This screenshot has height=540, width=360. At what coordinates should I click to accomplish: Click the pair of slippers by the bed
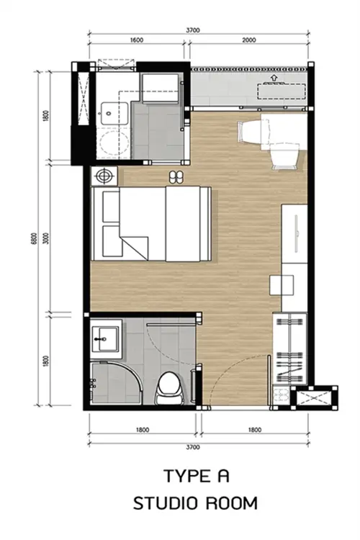pyautogui.click(x=176, y=176)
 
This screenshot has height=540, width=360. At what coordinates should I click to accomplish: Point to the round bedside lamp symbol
pyautogui.click(x=104, y=176)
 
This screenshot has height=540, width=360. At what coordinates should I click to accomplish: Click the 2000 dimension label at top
pyautogui.click(x=248, y=40)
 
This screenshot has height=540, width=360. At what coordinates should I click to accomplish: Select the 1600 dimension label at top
pyautogui.click(x=136, y=40)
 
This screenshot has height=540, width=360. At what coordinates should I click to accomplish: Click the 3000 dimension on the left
pyautogui.click(x=47, y=238)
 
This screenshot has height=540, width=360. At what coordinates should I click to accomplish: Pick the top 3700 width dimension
pyautogui.click(x=193, y=30)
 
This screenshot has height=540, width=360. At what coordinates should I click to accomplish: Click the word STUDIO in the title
pyautogui.click(x=165, y=503)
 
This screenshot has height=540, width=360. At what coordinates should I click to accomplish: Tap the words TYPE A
pyautogui.click(x=197, y=476)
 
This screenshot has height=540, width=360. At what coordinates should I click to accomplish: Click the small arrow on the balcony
pyautogui.click(x=274, y=78)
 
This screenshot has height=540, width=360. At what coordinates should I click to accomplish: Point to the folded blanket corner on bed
pyautogui.click(x=134, y=248)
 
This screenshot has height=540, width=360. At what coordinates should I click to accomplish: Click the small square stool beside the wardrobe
pyautogui.click(x=282, y=285)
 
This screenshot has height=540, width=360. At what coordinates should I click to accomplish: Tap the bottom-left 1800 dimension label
pyautogui.click(x=143, y=430)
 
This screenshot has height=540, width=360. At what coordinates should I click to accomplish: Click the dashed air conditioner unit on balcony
pyautogui.click(x=282, y=91)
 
